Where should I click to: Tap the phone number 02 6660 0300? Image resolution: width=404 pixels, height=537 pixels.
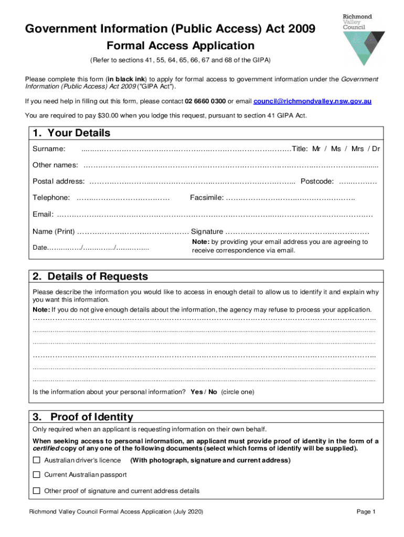[205, 101]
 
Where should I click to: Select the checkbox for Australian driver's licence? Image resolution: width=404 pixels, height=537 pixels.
[36, 460]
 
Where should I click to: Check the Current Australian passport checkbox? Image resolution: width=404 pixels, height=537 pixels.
[36, 475]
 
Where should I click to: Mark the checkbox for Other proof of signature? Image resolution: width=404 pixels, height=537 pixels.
[36, 491]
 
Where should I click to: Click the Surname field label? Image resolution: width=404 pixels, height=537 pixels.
[49, 149]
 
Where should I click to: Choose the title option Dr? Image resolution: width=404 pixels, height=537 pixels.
[375, 149]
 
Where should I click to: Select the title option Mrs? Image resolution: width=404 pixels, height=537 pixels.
[357, 149]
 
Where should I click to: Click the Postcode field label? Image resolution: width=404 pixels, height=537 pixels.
[316, 181]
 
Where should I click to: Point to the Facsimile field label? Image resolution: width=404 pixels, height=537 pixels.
[207, 198]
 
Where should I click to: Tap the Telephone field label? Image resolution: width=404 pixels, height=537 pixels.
[51, 198]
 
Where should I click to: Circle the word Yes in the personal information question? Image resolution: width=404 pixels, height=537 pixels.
[196, 392]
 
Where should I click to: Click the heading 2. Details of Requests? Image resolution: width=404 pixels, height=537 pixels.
[90, 276]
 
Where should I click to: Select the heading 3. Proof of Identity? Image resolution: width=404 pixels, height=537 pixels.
[82, 417]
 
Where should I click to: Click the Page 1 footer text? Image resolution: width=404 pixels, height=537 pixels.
[366, 512]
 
